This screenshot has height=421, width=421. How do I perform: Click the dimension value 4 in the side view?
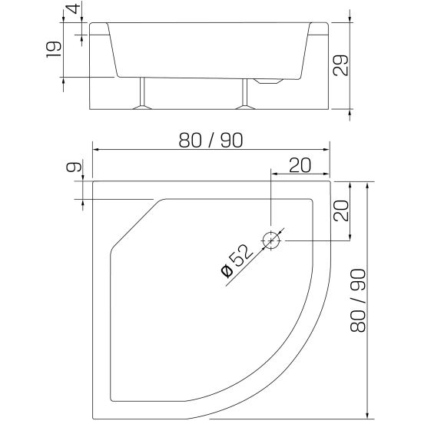pos(71,10)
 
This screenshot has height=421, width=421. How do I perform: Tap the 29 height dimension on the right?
pos(342,65)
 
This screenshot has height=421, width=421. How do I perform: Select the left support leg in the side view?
pos(141,94)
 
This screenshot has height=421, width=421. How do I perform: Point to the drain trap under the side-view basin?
pos(269,81)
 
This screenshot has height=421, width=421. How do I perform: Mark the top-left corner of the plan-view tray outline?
pos(92,181)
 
